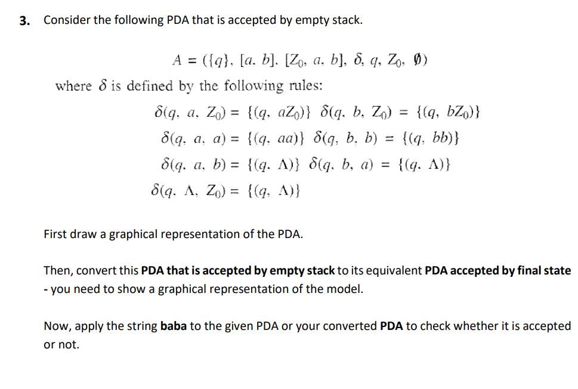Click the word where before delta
click(x=73, y=86)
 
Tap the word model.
click(x=347, y=289)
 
